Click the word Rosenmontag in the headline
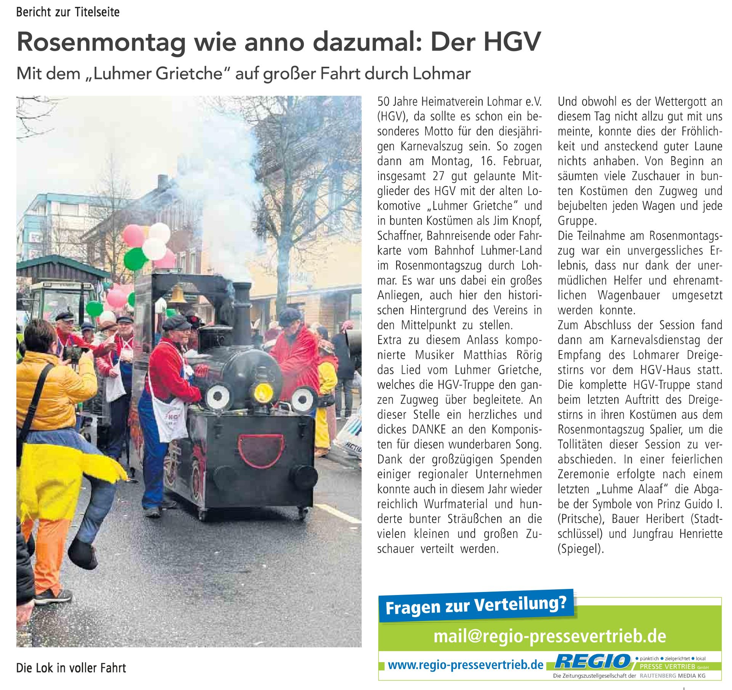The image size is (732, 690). tap(101, 42)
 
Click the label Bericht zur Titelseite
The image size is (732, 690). tap(68, 12)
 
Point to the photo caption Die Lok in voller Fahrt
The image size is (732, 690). tap(71, 668)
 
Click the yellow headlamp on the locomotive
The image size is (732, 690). tap(263, 391)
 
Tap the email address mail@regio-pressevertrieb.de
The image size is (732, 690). tap(550, 636)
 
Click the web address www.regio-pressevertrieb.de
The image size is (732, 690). tap(466, 665)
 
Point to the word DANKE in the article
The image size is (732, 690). tap(429, 429)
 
